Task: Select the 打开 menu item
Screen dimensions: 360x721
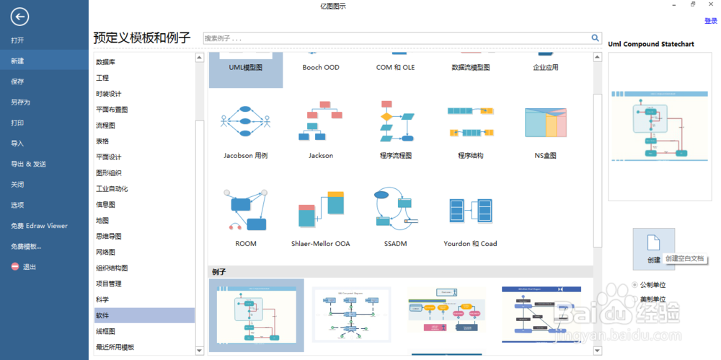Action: point(17,40)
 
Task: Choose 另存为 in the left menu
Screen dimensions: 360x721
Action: point(20,102)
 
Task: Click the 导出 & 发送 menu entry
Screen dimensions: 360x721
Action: point(28,164)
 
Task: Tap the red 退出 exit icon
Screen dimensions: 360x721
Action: point(15,267)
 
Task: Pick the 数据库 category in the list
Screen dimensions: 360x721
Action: point(106,62)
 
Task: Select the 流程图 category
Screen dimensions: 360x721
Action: point(106,126)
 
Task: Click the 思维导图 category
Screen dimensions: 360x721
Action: point(109,237)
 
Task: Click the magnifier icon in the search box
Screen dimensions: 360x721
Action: point(596,38)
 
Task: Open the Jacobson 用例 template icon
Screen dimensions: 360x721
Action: point(245,122)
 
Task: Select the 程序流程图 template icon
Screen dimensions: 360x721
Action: point(396,122)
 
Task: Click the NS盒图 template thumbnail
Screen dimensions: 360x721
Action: point(545,122)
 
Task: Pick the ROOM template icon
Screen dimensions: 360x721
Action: point(246,210)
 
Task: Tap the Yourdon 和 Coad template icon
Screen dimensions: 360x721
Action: point(470,211)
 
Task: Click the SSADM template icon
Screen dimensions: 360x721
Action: point(395,210)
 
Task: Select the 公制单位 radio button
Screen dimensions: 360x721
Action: point(634,284)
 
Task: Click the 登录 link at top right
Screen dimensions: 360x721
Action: point(710,21)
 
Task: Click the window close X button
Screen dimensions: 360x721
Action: point(711,5)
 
